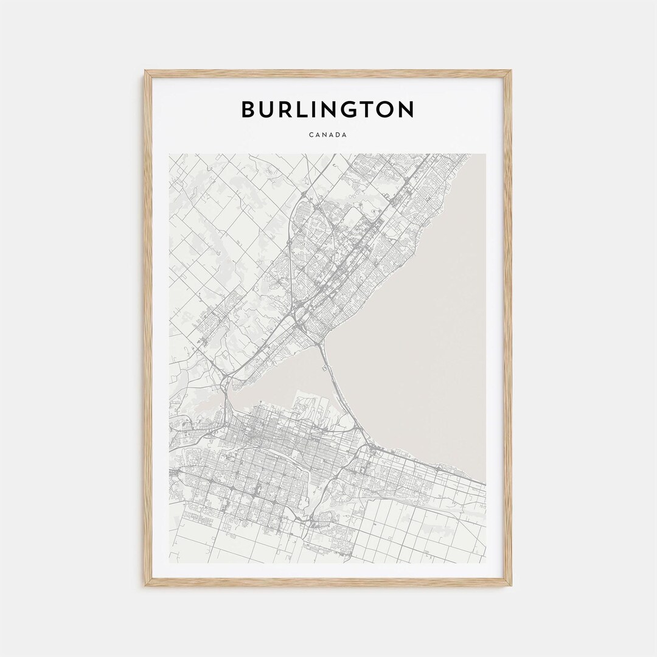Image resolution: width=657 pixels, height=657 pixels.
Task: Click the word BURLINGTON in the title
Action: pos(328,109)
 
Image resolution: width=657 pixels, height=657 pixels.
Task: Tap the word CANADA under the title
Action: pos(328,134)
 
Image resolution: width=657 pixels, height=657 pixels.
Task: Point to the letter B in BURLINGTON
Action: pos(249,109)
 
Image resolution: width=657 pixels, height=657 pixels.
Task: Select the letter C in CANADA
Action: pos(310,134)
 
